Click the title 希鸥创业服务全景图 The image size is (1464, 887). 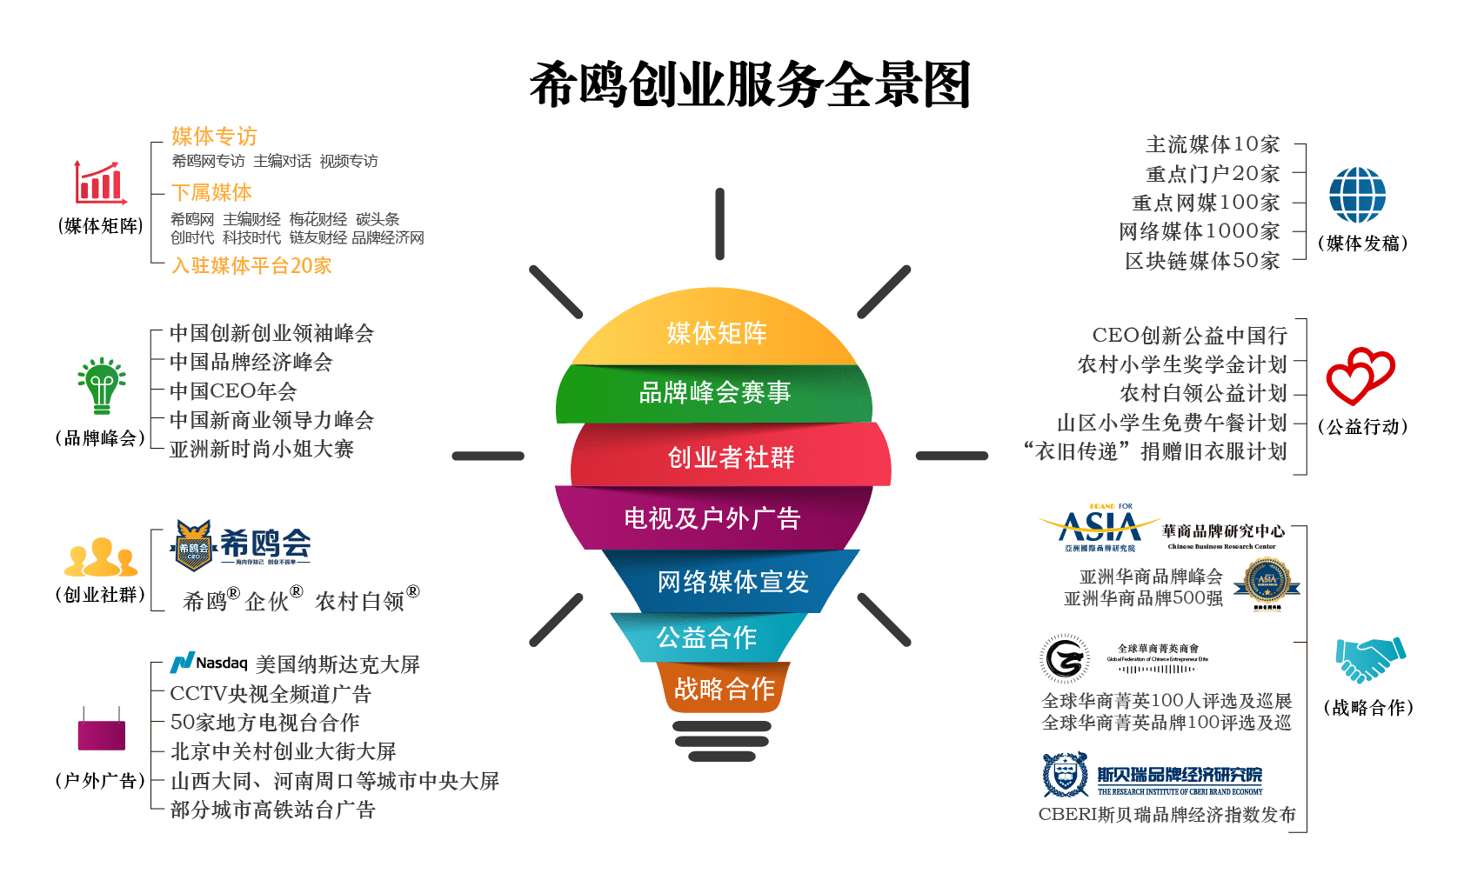tap(749, 85)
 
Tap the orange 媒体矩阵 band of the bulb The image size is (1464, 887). tap(716, 333)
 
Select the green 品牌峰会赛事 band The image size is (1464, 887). tap(715, 393)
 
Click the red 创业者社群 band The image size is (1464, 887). tap(731, 457)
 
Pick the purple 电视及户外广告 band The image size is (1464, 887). tap(712, 518)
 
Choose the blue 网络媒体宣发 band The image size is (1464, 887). tap(732, 582)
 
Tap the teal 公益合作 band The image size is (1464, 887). tap(706, 637)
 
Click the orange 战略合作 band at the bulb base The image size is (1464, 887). tap(724, 689)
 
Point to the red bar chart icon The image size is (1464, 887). tap(99, 183)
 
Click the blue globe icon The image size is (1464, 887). tap(1357, 195)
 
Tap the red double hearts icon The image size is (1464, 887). tap(1359, 376)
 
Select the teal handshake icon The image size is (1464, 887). tap(1370, 658)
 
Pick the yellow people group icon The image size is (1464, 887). tap(101, 557)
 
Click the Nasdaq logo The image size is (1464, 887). tap(209, 664)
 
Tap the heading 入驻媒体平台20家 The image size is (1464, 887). tap(251, 265)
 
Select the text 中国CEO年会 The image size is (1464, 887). tap(233, 391)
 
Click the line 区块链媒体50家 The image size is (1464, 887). tap(1201, 261)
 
